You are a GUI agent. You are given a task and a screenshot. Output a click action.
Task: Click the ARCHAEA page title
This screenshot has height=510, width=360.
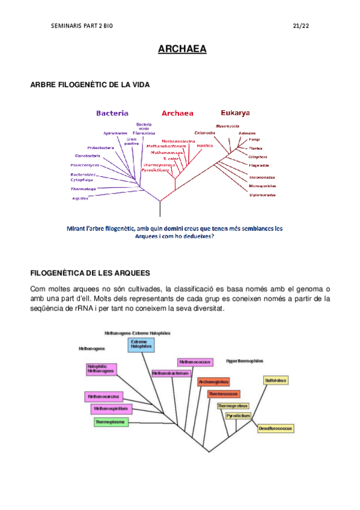(182, 49)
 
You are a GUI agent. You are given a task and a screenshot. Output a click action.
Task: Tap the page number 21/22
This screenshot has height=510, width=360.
(301, 26)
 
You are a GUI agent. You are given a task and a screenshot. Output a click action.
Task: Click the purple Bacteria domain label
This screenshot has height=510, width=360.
(112, 112)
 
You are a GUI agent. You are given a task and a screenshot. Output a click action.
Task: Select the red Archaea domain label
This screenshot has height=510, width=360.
(177, 113)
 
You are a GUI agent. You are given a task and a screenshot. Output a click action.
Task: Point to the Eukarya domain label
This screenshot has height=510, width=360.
(236, 112)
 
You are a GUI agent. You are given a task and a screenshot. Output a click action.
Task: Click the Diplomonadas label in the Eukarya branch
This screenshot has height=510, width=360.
(263, 195)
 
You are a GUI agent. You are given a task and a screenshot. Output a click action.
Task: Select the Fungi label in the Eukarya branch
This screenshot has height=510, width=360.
(254, 139)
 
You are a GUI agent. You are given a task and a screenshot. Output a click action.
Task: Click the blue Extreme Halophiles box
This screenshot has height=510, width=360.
(141, 345)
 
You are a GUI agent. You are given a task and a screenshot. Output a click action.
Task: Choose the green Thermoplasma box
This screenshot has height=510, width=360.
(109, 422)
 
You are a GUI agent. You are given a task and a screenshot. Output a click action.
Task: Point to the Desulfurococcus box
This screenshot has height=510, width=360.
(276, 428)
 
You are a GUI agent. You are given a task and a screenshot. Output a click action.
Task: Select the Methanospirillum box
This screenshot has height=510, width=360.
(110, 409)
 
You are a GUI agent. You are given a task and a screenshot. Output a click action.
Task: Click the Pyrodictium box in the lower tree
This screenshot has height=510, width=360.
(238, 416)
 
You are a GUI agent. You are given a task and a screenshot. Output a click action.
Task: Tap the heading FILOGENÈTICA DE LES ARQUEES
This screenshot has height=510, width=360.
(90, 273)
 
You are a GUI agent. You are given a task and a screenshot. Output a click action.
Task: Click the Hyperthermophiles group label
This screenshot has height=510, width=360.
(245, 361)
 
